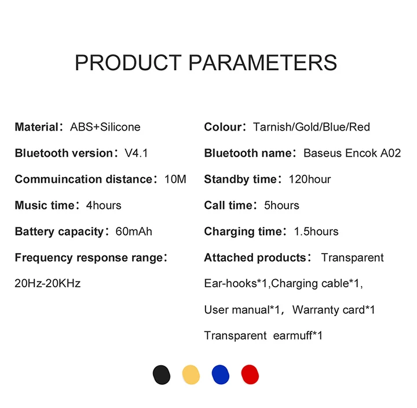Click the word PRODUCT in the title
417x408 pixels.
pos(128,63)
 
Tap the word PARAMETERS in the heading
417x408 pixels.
pos(263,63)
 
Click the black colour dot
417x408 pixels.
pos(162,375)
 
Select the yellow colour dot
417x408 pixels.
pos(191,375)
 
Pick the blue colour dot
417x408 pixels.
pos(221,375)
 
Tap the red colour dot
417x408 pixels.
pos(250,375)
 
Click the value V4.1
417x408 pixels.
pos(136,153)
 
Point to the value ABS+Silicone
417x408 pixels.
pos(105,127)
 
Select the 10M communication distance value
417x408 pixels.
pos(175,179)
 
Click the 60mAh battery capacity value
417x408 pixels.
pos(134,232)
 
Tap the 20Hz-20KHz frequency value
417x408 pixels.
pos(47,283)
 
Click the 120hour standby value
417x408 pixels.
pos(310,179)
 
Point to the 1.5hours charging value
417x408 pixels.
pos(316,232)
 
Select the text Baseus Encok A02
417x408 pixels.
pos(352,153)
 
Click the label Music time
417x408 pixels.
pos(45,205)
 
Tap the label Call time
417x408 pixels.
pos(228,205)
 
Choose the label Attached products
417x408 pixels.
pos(255,258)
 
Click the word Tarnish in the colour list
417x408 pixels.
pos(272,127)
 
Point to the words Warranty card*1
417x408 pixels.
pos(334,310)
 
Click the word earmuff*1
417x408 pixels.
pos(298,335)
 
